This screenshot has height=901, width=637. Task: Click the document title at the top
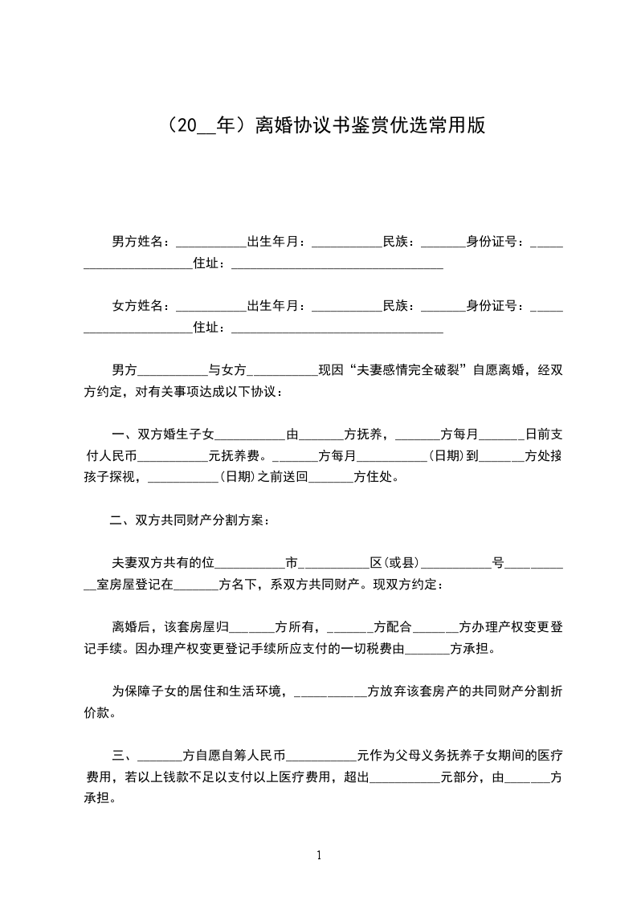tap(318, 126)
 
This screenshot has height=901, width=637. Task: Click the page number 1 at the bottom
tap(319, 854)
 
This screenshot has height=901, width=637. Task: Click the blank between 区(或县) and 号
tap(456, 565)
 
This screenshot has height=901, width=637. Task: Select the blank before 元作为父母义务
tap(321, 756)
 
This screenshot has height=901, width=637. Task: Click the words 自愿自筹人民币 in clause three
tap(235, 756)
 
